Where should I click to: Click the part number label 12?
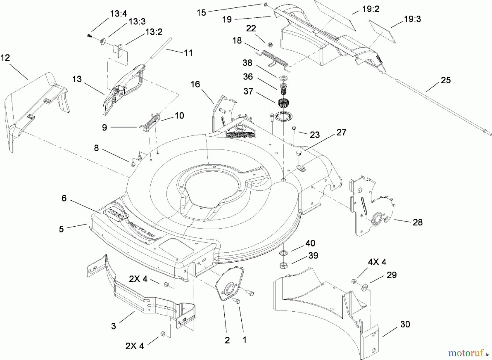5,58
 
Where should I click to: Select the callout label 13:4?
118,14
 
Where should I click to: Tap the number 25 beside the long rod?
446,80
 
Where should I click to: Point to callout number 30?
405,324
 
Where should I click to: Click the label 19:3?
412,19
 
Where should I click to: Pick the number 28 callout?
417,222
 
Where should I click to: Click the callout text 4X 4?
377,262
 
